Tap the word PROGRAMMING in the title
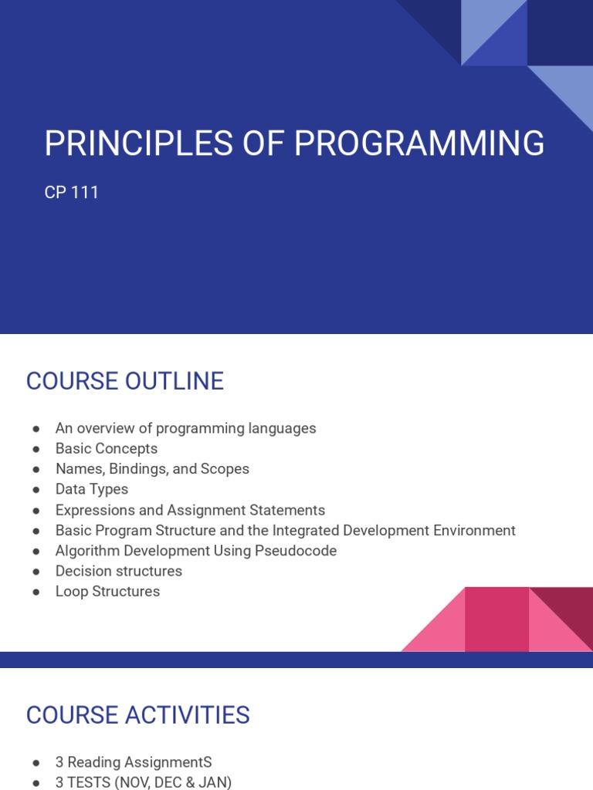click(x=419, y=143)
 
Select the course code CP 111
click(x=72, y=192)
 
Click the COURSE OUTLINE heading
click(x=125, y=381)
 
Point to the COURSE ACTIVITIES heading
click(x=138, y=715)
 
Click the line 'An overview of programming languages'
click(x=185, y=428)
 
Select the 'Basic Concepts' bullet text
click(x=107, y=448)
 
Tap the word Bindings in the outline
click(x=135, y=469)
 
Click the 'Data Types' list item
click(x=92, y=489)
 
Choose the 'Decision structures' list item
click(x=119, y=571)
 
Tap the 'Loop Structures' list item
click(x=108, y=592)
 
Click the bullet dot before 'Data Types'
click(x=36, y=490)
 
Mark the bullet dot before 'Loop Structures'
click(x=36, y=592)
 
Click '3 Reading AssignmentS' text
click(x=134, y=762)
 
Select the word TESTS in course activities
click(x=89, y=782)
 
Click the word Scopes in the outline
click(x=225, y=469)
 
